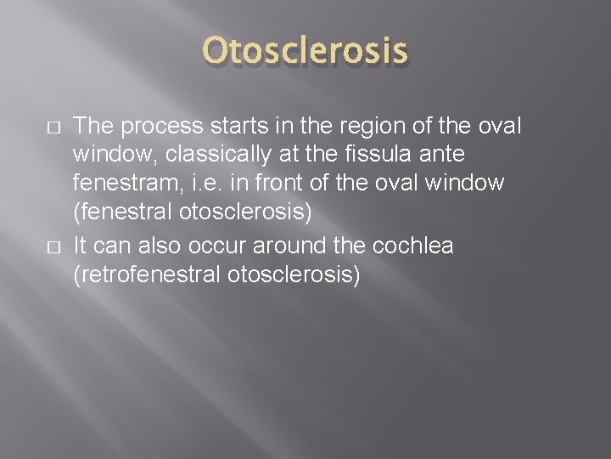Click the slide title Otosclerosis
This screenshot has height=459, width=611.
click(305, 53)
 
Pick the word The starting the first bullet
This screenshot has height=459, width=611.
click(94, 127)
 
